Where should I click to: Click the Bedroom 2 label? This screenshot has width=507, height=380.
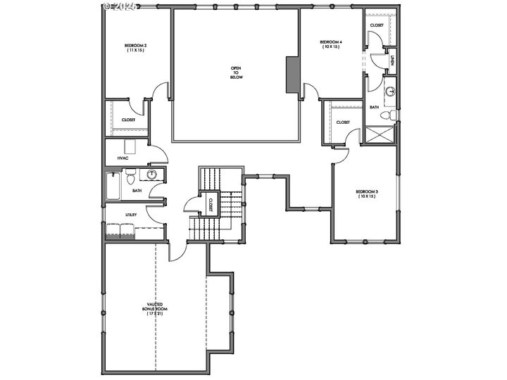coord(136,47)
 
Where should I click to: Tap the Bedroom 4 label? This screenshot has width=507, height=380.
coord(331,44)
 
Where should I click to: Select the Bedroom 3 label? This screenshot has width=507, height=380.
coord(366,194)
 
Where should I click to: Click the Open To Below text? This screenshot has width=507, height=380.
coord(236,72)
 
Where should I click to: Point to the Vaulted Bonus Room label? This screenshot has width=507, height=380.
coord(156,308)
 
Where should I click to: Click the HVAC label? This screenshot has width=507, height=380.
coord(123,158)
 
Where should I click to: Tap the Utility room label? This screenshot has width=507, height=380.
coord(131,214)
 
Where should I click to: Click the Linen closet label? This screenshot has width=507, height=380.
coord(392,61)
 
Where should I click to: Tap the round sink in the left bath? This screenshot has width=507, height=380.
coord(151,175)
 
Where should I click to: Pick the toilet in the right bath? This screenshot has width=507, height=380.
coord(387,115)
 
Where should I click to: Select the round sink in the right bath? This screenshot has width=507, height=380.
coord(389,91)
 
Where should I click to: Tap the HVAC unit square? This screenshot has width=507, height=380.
coord(130,146)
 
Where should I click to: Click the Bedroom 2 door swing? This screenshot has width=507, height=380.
coord(162,90)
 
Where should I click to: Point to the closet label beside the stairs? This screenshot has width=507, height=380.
coord(210,204)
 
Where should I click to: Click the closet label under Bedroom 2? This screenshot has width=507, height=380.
coord(128,120)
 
